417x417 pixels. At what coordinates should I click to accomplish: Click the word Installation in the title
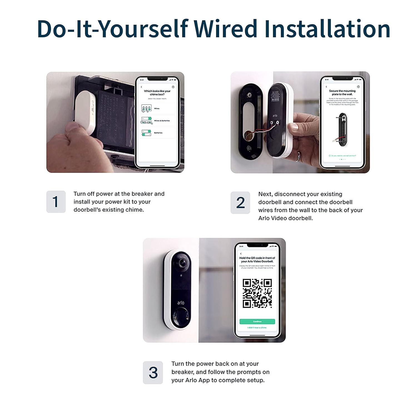(x=327, y=29)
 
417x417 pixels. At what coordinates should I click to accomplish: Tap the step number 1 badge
(x=56, y=202)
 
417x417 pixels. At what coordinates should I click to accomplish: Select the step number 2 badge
(x=240, y=203)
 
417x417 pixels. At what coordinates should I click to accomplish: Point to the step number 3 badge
(x=153, y=373)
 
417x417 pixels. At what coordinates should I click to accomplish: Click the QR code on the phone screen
(x=257, y=293)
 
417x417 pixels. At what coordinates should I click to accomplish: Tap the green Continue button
(x=257, y=321)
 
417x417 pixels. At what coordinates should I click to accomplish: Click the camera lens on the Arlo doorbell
(x=182, y=263)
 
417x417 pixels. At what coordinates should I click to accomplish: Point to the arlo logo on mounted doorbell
(x=181, y=302)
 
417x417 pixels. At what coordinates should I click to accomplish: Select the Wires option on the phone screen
(x=157, y=108)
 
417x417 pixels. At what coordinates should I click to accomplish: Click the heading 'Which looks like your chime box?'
(x=157, y=93)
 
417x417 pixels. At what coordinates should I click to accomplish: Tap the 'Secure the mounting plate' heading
(x=342, y=93)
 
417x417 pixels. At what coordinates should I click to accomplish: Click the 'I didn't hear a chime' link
(x=257, y=327)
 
